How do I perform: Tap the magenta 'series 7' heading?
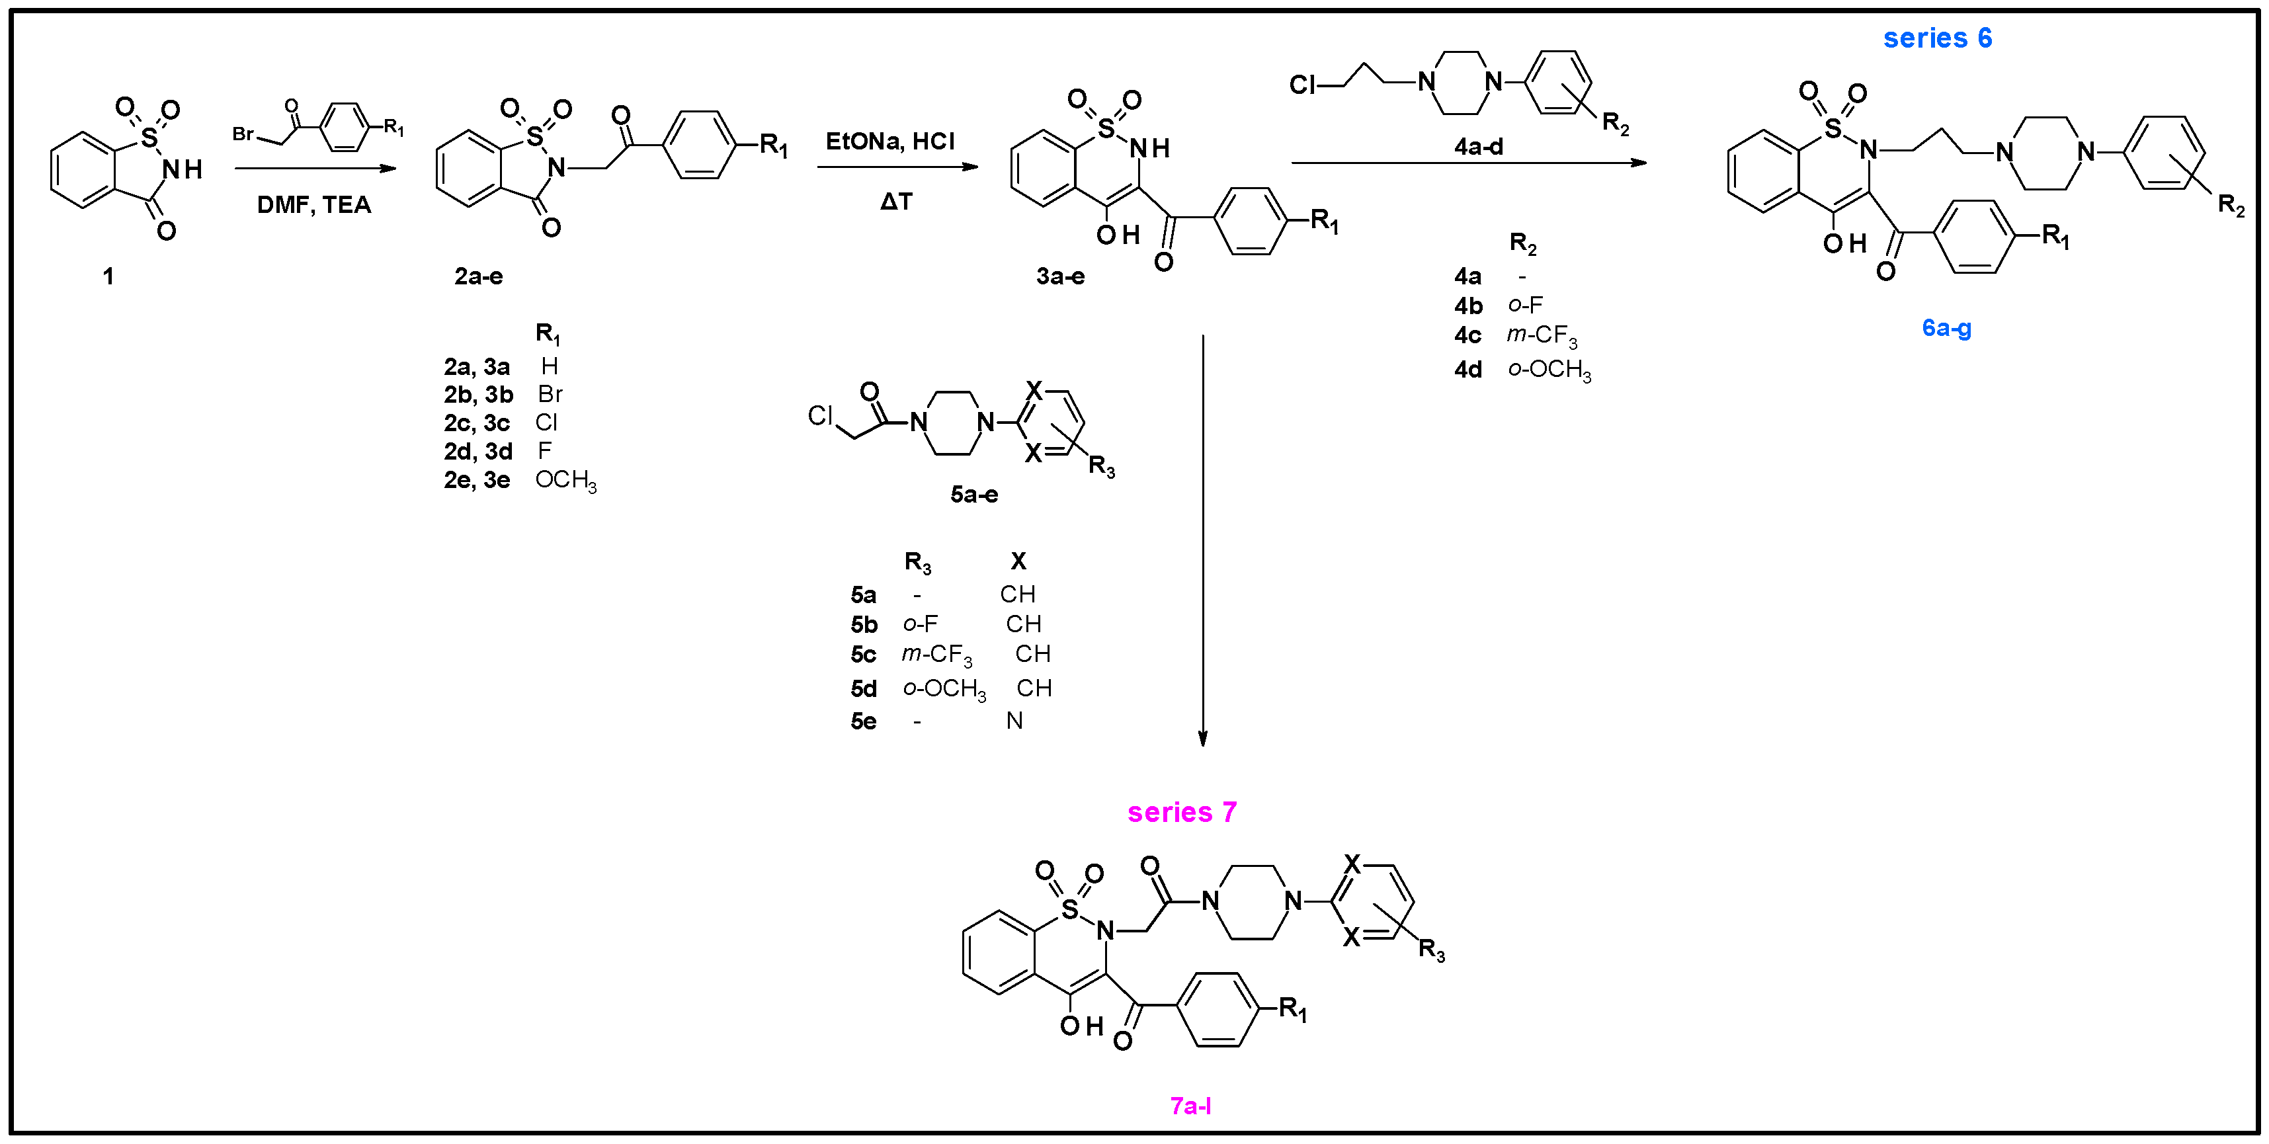click(1181, 811)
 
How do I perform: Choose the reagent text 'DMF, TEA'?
click(313, 205)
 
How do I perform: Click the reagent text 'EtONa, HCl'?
click(889, 141)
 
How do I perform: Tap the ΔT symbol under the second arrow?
click(896, 202)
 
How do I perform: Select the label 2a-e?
click(478, 276)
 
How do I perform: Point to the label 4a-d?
click(1478, 146)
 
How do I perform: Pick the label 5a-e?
click(973, 494)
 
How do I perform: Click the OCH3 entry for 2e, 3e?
click(565, 480)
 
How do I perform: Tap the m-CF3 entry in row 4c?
click(1541, 335)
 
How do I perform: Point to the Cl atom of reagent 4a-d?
click(1302, 85)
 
